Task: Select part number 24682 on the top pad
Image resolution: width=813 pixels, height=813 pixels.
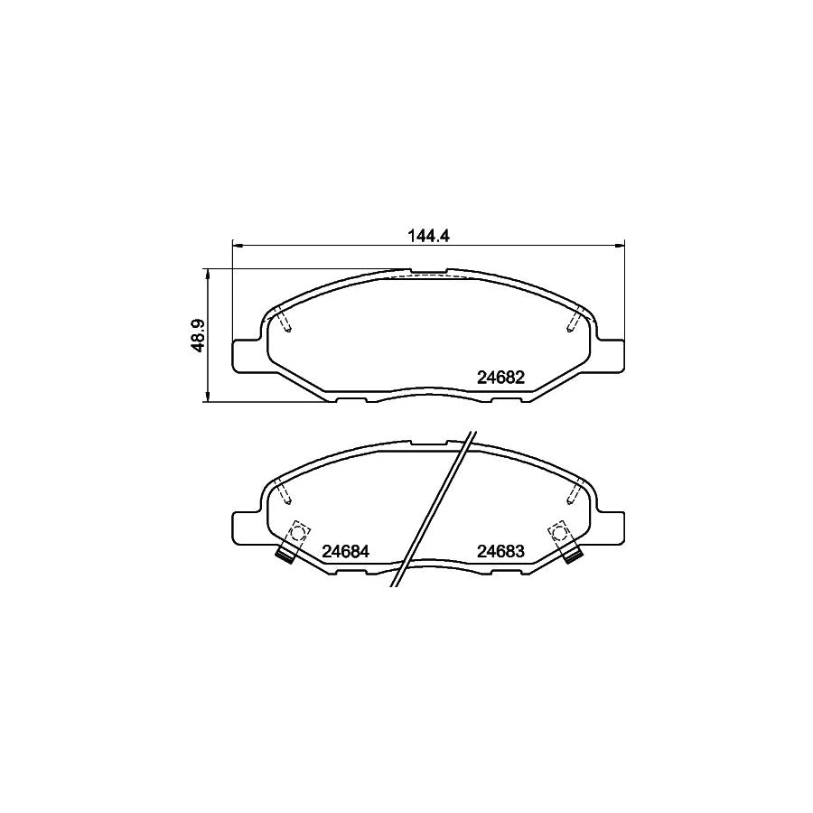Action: coord(500,378)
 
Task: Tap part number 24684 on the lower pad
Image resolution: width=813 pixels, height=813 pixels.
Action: coord(348,550)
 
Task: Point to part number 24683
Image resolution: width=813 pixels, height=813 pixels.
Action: coord(501,550)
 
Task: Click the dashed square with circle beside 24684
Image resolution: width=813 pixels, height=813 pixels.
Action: coord(299,530)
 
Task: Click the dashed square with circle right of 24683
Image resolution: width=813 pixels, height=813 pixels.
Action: coord(559,530)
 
